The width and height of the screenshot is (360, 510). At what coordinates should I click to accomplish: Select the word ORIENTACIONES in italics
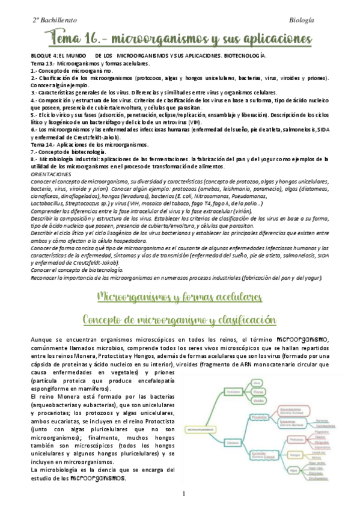(x=55, y=173)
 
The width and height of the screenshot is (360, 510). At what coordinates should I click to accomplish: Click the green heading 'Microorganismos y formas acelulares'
(x=179, y=297)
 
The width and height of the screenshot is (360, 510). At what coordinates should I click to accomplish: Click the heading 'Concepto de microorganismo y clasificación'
(x=179, y=319)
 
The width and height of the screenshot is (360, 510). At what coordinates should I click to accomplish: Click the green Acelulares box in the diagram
(x=233, y=391)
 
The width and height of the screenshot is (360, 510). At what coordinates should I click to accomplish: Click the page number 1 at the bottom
(x=184, y=494)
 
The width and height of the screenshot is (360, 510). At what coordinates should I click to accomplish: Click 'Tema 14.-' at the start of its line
(x=41, y=145)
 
